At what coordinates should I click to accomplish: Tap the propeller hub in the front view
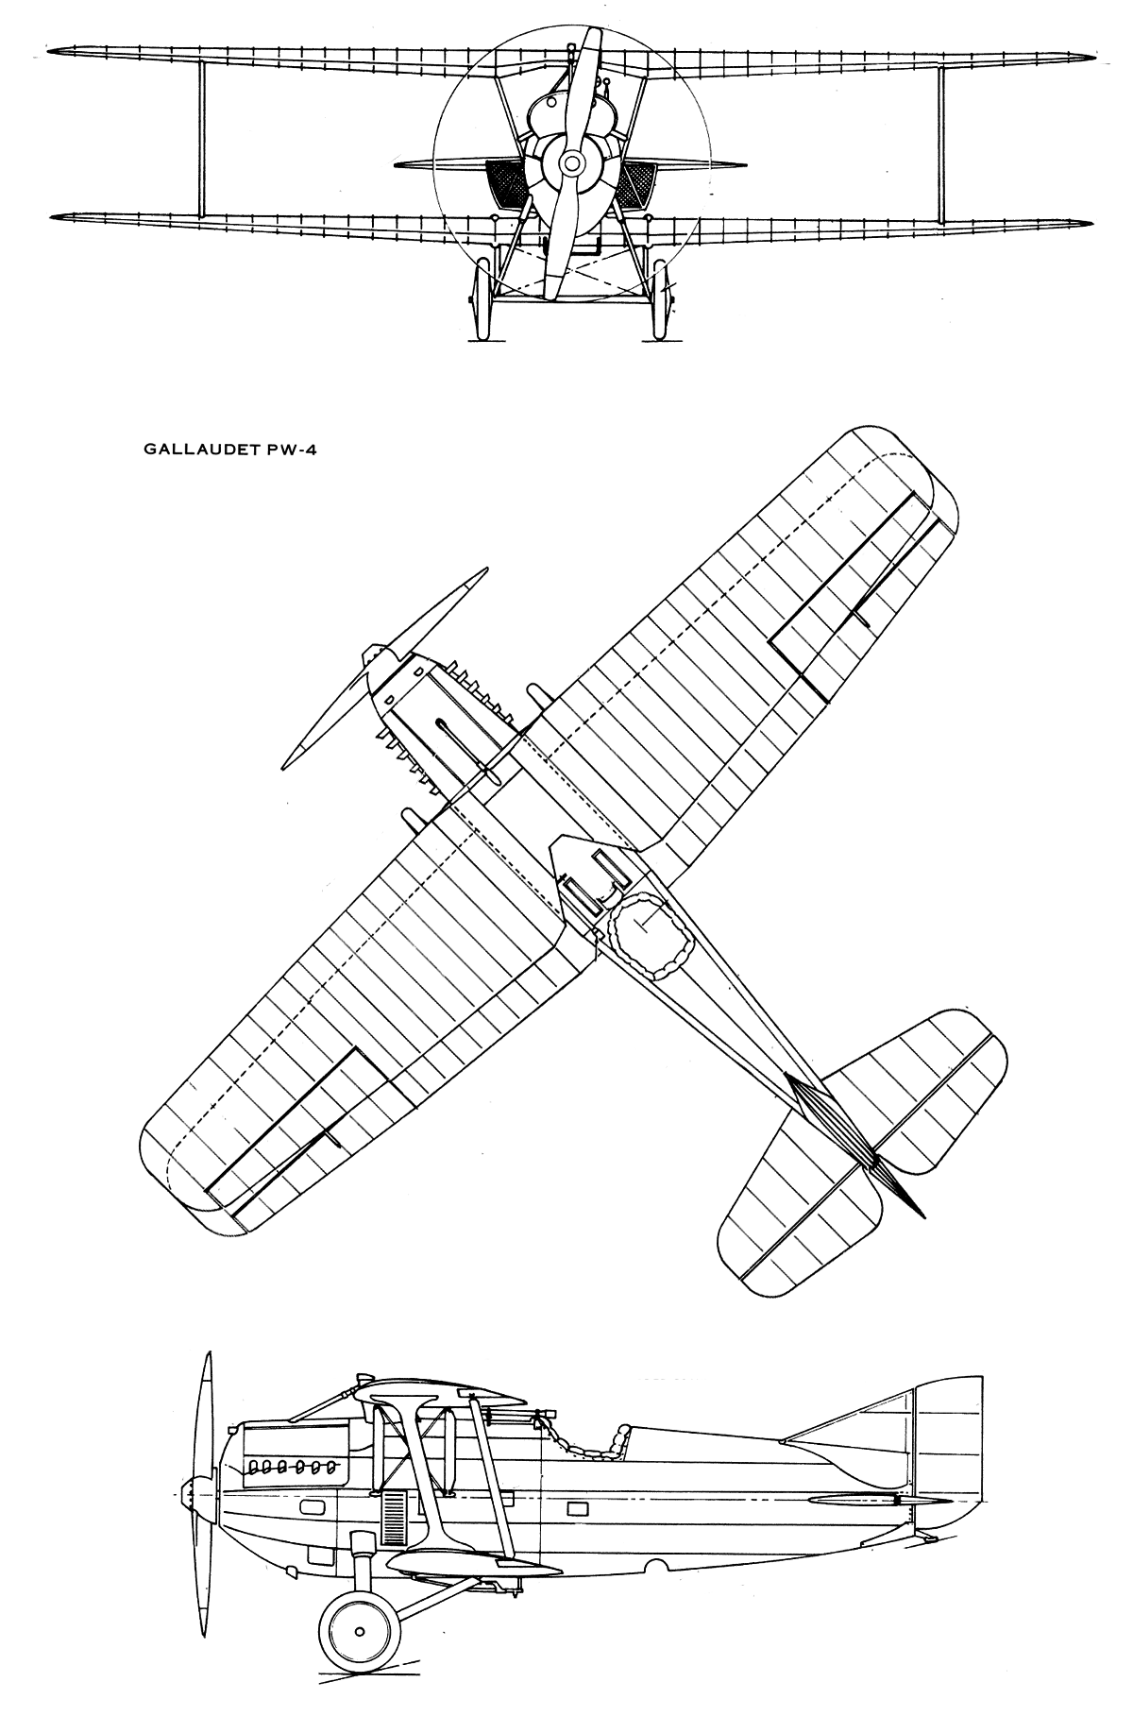(570, 163)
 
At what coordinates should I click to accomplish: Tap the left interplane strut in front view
(201, 137)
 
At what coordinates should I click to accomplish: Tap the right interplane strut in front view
(939, 140)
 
